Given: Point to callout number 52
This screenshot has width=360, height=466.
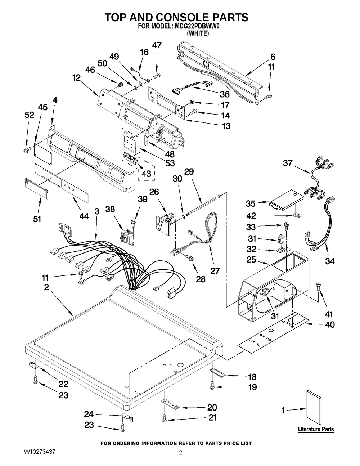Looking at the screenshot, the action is click(x=30, y=115).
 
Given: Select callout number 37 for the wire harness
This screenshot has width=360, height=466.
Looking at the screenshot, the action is click(x=288, y=163).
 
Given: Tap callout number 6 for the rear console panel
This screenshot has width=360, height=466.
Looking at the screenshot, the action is click(x=273, y=57).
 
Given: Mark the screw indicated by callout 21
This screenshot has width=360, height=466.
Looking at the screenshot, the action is click(x=165, y=422).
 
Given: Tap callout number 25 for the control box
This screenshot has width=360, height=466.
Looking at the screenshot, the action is click(x=251, y=260).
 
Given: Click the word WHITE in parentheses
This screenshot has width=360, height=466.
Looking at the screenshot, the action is click(x=198, y=33).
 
